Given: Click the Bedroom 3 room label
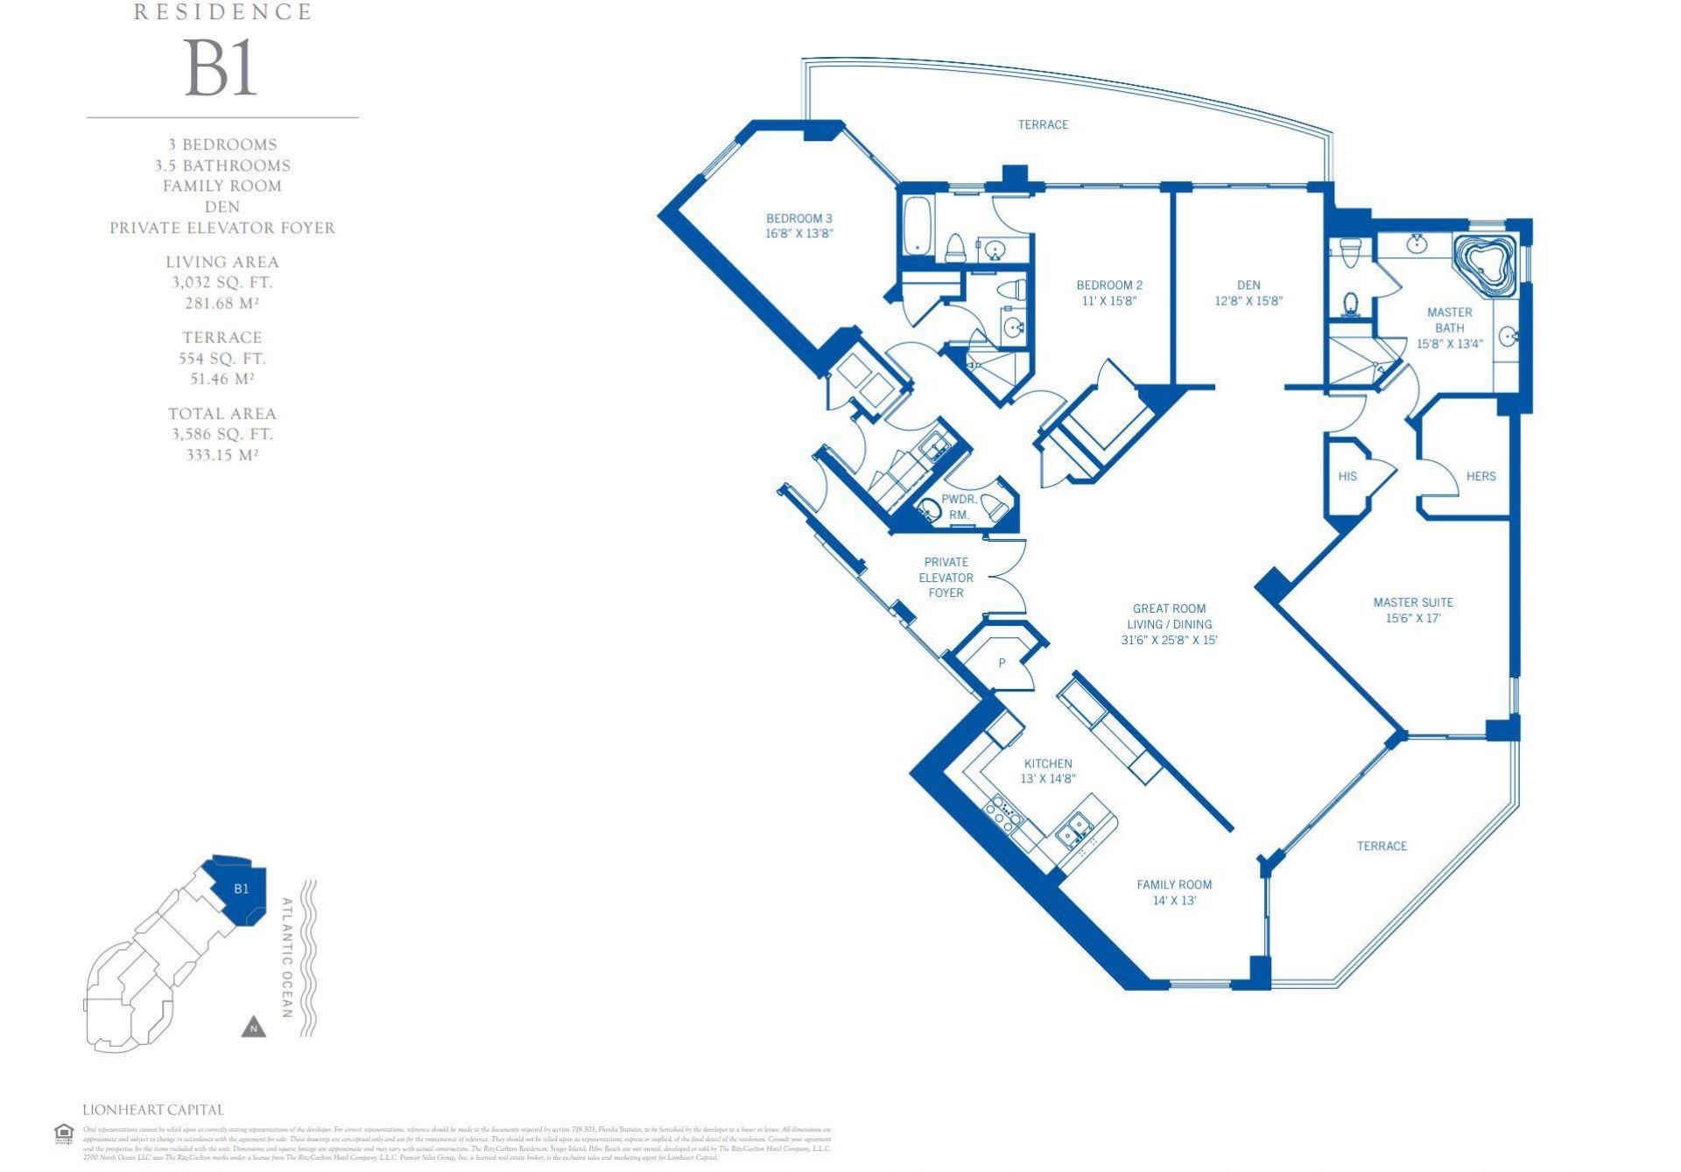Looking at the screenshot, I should coord(798,226).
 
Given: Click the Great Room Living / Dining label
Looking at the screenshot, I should coord(1169,624).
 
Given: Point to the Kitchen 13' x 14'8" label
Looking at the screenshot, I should coord(1047,771).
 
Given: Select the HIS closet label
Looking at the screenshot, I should coord(1347,476).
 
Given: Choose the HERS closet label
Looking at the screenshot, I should coord(1481,476).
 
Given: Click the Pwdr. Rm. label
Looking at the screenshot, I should coord(959,507).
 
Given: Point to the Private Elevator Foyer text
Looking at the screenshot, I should coord(946,578).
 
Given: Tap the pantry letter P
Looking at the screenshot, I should coord(1002,663).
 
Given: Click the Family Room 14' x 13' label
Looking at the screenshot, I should coord(1174,892).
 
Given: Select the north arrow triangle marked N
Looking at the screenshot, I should coord(253,1028).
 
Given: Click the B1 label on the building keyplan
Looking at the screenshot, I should coord(242,888).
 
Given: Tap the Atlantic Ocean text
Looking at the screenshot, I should coord(287,958).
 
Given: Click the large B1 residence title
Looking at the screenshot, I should coord(221,69).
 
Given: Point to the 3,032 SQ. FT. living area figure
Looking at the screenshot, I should coord(222,283).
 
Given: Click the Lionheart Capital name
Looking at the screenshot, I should coord(153,1110).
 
